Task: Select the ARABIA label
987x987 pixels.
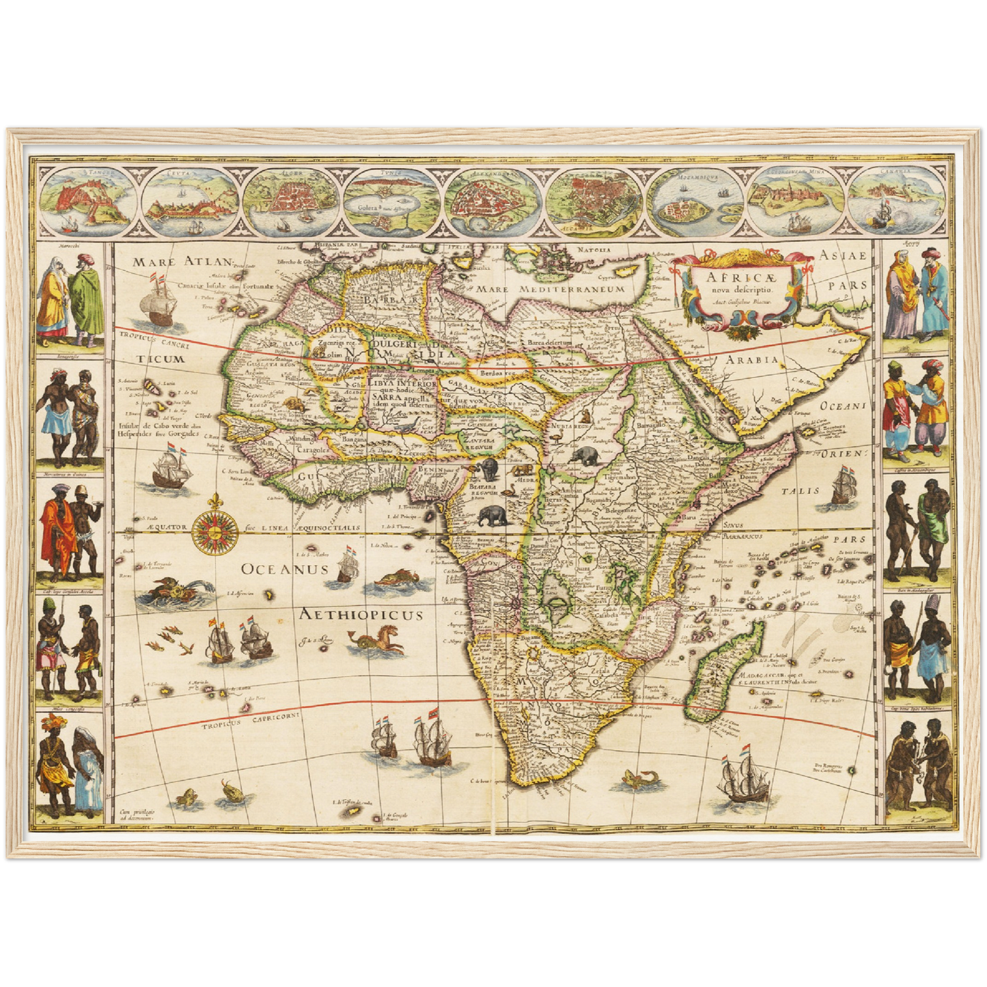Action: (x=752, y=359)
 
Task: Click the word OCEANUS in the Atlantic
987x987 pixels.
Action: (x=285, y=569)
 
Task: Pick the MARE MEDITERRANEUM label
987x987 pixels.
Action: (x=551, y=289)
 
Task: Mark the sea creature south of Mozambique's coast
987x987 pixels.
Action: (x=641, y=781)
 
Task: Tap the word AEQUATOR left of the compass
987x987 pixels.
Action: (x=165, y=527)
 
